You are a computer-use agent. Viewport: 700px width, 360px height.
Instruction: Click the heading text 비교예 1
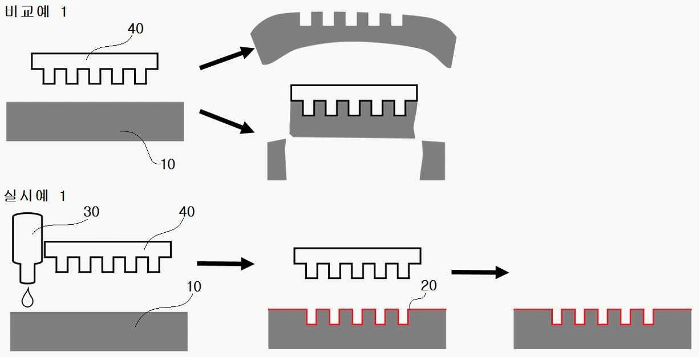[x=35, y=12]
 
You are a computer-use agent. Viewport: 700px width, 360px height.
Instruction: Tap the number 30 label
[x=91, y=212]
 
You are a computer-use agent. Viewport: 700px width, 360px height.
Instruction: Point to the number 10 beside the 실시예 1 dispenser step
[x=194, y=286]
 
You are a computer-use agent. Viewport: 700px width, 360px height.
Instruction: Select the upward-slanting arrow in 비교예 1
[x=226, y=59]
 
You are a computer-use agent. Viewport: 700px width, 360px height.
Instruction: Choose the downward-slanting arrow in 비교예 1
[x=226, y=120]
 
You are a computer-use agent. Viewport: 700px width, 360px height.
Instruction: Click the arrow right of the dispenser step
[x=225, y=264]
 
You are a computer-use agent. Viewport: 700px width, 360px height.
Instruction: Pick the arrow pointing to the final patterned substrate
[x=479, y=272]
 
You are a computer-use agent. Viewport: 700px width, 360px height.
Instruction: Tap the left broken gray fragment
[x=277, y=160]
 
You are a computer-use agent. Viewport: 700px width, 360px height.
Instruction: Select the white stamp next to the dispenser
[x=108, y=250]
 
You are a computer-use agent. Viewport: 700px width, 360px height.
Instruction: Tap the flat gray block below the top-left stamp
[x=95, y=122]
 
